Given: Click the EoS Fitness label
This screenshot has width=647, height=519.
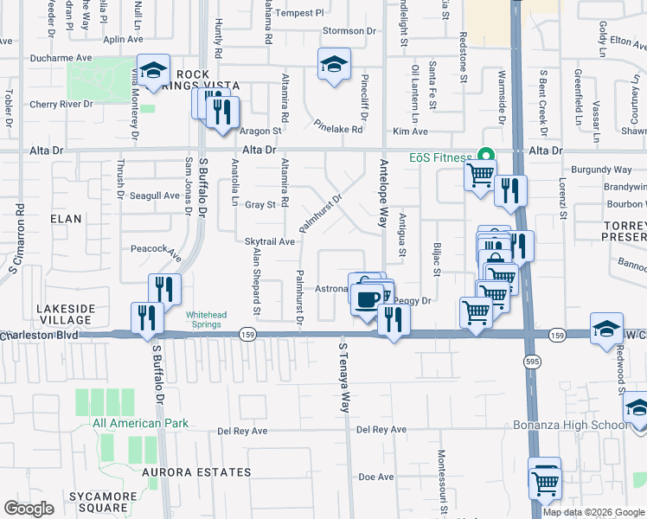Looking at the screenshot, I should (x=440, y=158).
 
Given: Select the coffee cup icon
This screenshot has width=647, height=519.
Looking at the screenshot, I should (x=366, y=298).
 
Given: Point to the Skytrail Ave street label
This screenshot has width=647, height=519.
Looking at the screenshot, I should (x=271, y=242).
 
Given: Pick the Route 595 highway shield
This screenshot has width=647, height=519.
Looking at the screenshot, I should (x=527, y=357).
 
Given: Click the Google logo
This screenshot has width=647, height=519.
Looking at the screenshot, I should (x=29, y=509).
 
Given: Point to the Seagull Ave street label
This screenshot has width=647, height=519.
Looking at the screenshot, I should (x=155, y=195).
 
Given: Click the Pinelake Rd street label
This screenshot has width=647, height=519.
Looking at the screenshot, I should (x=337, y=125).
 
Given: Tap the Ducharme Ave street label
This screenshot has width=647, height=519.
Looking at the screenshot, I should (x=61, y=58).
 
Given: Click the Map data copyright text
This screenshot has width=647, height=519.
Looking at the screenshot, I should (x=593, y=512).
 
